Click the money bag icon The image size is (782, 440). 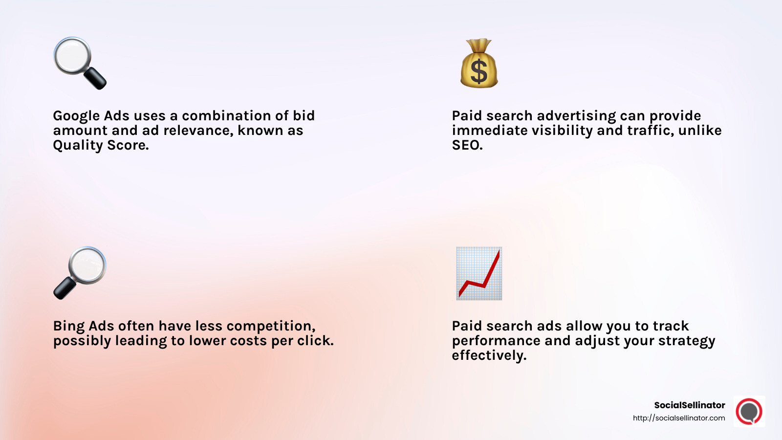click(x=479, y=64)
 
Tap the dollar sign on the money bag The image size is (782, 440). click(x=479, y=71)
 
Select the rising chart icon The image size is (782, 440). click(x=479, y=273)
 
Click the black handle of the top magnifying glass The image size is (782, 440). click(x=96, y=79)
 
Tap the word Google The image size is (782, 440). click(x=76, y=116)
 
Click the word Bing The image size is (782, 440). click(x=69, y=326)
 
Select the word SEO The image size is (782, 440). click(x=467, y=145)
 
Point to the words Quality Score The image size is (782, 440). click(x=101, y=145)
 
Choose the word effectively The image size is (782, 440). click(x=489, y=355)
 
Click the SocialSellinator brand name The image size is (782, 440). click(x=689, y=405)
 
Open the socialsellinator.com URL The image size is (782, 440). click(x=679, y=418)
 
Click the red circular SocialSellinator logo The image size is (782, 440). click(x=749, y=411)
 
